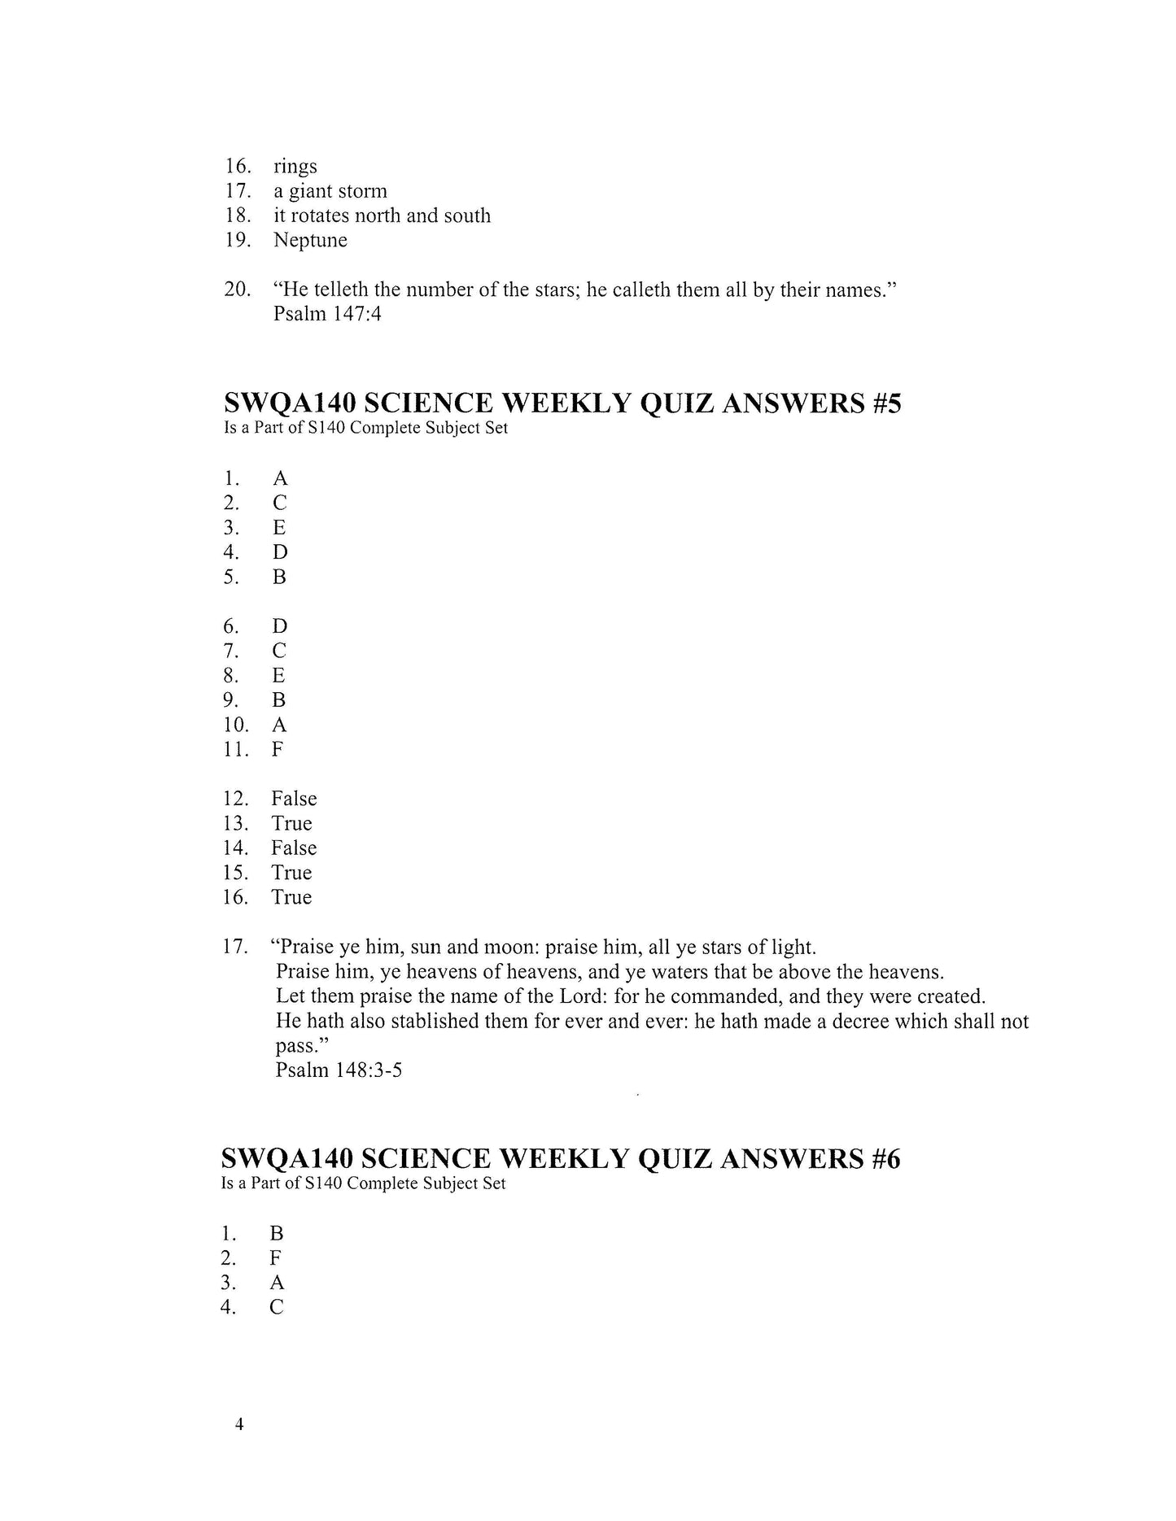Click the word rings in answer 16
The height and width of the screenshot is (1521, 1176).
[295, 168]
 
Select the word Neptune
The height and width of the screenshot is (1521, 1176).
[310, 241]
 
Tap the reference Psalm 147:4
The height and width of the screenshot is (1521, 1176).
[327, 314]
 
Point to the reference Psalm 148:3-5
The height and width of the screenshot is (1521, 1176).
[339, 1070]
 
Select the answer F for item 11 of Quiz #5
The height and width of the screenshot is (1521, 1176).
[278, 749]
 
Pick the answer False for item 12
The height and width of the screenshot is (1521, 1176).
[294, 799]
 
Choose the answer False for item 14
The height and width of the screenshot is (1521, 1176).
[294, 848]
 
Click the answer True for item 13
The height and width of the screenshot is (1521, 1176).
[291, 824]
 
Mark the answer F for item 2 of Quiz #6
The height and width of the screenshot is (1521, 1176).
[276, 1258]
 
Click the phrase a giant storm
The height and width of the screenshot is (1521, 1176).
[330, 192]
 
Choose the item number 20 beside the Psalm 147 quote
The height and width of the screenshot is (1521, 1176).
[237, 290]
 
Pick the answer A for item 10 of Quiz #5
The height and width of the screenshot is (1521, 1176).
[278, 725]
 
